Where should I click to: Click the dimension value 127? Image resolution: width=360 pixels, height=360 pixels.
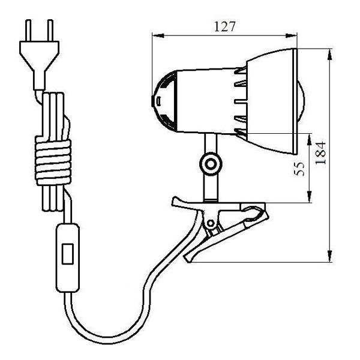(x=225, y=26)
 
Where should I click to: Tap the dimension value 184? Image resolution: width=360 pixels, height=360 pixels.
(x=320, y=153)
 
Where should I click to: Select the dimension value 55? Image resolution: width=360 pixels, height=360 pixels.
(x=299, y=169)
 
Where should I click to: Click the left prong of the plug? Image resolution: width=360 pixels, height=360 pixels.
(x=28, y=31)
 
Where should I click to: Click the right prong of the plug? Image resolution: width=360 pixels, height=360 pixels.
(x=50, y=31)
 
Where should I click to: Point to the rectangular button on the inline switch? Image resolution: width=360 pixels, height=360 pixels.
(x=68, y=254)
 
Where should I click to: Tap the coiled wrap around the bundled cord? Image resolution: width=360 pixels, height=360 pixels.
(x=53, y=161)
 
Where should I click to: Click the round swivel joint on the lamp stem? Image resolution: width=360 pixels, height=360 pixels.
(x=211, y=164)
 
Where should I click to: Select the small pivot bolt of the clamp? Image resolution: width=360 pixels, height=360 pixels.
(x=211, y=223)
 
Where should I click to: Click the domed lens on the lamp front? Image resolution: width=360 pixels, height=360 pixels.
(x=301, y=101)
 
